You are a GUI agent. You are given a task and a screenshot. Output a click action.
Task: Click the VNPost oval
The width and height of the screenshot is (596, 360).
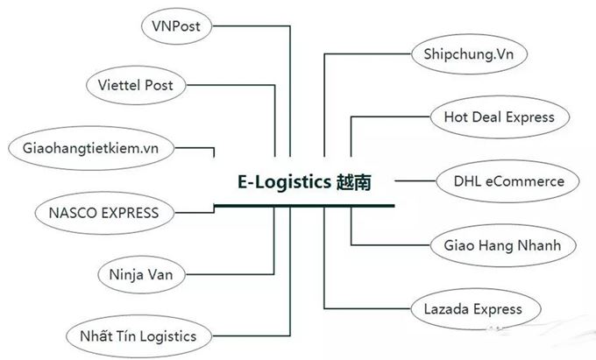(x=177, y=26)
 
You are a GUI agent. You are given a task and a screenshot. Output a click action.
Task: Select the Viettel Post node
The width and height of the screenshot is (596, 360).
(x=141, y=85)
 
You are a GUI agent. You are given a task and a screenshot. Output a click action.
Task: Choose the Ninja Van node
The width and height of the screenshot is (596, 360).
(x=141, y=274)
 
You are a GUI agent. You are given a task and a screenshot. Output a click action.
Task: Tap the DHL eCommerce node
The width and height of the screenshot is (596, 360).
(x=508, y=181)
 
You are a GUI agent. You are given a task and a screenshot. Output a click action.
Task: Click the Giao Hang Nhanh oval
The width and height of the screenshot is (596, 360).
(x=495, y=244)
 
